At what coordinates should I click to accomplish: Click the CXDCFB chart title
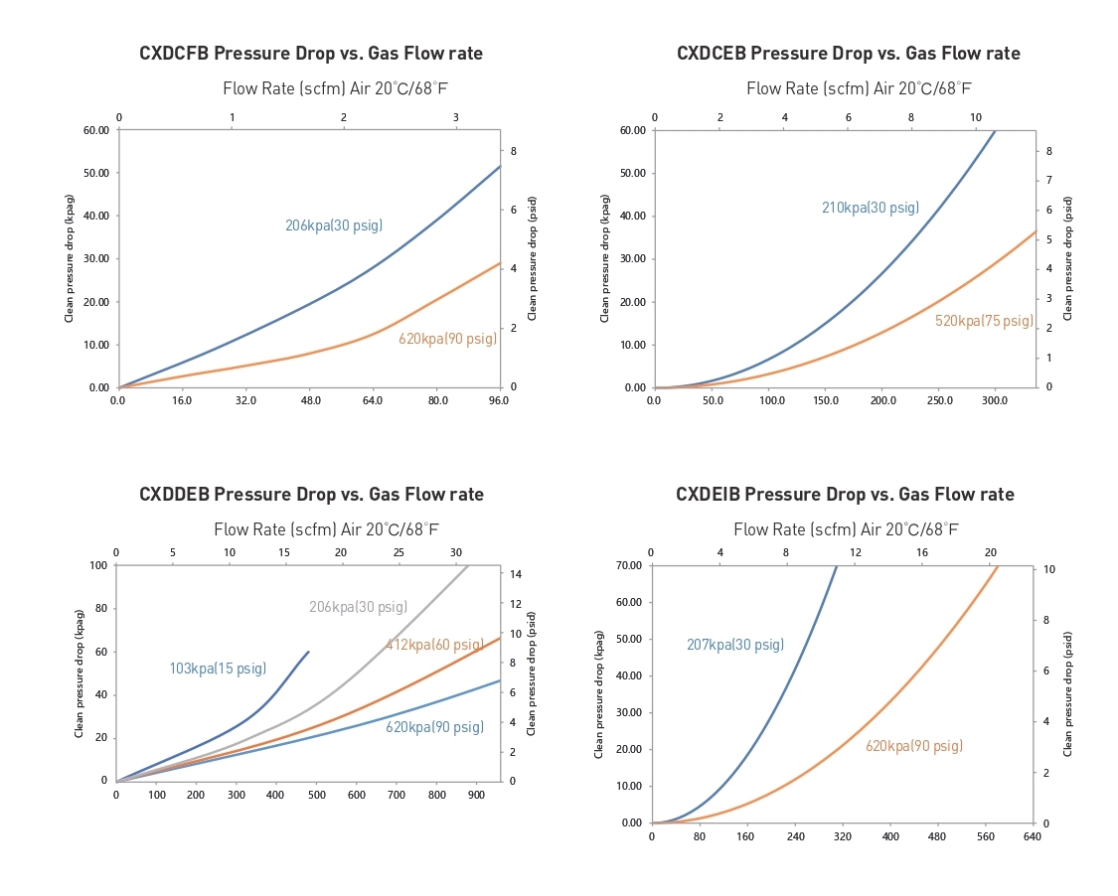[311, 54]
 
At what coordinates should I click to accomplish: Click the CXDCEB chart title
[848, 54]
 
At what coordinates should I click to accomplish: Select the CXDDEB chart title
[311, 495]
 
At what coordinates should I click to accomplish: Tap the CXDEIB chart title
[845, 495]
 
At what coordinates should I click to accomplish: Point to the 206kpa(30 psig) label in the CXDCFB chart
[334, 226]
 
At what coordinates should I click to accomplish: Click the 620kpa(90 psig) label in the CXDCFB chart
[447, 339]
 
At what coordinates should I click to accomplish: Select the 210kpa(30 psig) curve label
[870, 209]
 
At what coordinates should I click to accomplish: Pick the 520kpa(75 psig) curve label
[984, 321]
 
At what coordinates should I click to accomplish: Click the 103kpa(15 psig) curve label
[218, 669]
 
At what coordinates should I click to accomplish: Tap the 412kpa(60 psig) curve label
[434, 646]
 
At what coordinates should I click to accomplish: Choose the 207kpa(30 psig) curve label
[735, 645]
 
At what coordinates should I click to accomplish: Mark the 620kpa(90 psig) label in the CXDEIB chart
[913, 746]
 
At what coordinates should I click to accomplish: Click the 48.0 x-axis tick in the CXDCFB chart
[310, 400]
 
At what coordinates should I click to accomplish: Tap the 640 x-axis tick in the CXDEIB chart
[1033, 836]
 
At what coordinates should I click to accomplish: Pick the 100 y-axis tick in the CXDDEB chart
[96, 565]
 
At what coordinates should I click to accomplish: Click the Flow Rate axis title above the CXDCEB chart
[859, 88]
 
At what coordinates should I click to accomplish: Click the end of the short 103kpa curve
[309, 652]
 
